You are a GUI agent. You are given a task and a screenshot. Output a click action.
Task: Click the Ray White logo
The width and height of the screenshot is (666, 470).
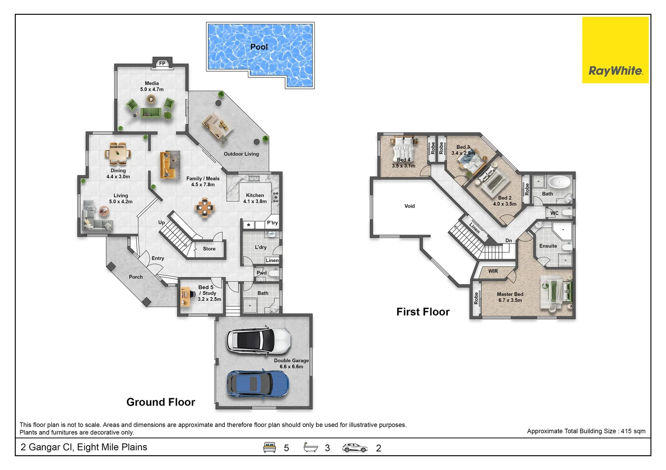tap(615, 50)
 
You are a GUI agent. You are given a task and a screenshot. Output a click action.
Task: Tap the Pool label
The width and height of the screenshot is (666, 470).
tap(259, 47)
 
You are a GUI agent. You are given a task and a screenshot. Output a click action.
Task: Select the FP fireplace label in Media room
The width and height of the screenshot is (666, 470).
tap(162, 64)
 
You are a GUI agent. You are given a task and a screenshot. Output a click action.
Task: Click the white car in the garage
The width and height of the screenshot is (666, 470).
tap(258, 340)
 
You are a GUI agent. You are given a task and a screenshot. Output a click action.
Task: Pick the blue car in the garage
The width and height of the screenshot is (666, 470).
tap(257, 383)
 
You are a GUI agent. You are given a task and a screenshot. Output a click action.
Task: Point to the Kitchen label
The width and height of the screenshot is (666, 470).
tap(255, 195)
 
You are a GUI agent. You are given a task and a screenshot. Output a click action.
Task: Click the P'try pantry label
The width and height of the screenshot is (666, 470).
tap(272, 223)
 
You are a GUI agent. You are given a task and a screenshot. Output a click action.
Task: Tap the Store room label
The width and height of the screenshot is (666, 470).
tap(209, 249)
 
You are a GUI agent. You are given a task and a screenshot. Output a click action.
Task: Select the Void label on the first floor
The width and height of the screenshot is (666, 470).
tap(409, 206)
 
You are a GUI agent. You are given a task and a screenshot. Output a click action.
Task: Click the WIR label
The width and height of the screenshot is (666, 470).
tap(493, 271)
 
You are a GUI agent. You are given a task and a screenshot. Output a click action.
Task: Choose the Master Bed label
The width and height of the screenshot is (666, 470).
tap(510, 294)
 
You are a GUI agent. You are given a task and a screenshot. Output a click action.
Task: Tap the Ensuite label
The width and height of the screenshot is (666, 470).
tap(548, 246)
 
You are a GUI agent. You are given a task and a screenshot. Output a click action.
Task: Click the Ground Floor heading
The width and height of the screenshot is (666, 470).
tap(161, 402)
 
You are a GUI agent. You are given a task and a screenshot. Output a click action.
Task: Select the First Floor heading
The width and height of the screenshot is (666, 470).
tap(423, 312)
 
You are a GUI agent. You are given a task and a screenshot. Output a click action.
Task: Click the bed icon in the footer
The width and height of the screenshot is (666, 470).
tap(270, 447)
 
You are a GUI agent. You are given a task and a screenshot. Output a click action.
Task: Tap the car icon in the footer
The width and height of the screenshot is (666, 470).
tap(355, 448)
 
